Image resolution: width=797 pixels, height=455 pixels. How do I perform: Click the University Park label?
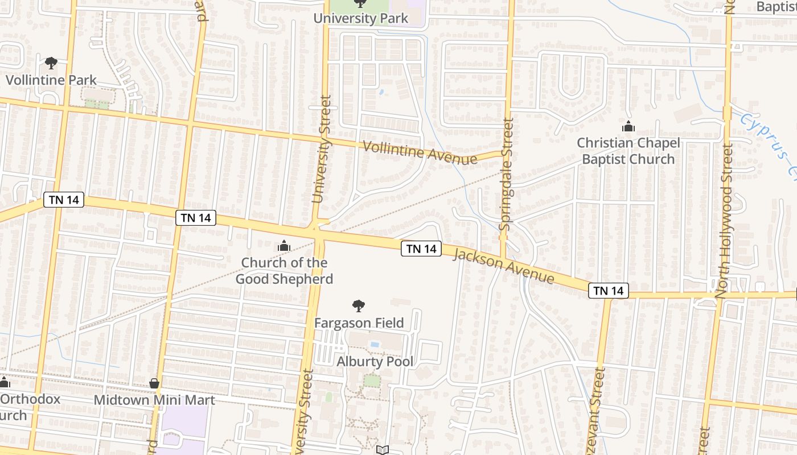[360, 18]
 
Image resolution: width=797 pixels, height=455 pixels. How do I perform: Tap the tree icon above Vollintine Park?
[51, 63]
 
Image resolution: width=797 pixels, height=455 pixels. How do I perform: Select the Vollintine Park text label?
[51, 80]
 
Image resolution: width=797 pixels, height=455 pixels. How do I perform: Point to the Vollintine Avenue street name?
[420, 152]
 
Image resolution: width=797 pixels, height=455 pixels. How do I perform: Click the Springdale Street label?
[506, 174]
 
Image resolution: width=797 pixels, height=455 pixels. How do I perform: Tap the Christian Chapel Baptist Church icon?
[628, 126]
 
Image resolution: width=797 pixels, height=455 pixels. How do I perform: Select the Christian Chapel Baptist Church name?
[628, 151]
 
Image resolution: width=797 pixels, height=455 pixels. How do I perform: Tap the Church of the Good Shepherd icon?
[284, 246]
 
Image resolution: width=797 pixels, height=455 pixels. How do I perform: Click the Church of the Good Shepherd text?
[284, 271]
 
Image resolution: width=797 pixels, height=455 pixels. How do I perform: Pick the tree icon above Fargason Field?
[359, 307]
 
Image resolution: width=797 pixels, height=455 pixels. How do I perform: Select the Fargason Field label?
[359, 323]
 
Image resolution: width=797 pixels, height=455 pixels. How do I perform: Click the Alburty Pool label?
[375, 362]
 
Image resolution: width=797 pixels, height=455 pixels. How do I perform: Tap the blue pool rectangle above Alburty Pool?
[375, 344]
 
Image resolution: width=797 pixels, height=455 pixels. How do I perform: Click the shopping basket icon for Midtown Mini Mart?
[154, 383]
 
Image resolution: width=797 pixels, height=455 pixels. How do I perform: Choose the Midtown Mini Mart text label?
[154, 400]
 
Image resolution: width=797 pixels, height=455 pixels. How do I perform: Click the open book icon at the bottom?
[383, 450]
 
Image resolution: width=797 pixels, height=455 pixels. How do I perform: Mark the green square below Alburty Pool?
[372, 380]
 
